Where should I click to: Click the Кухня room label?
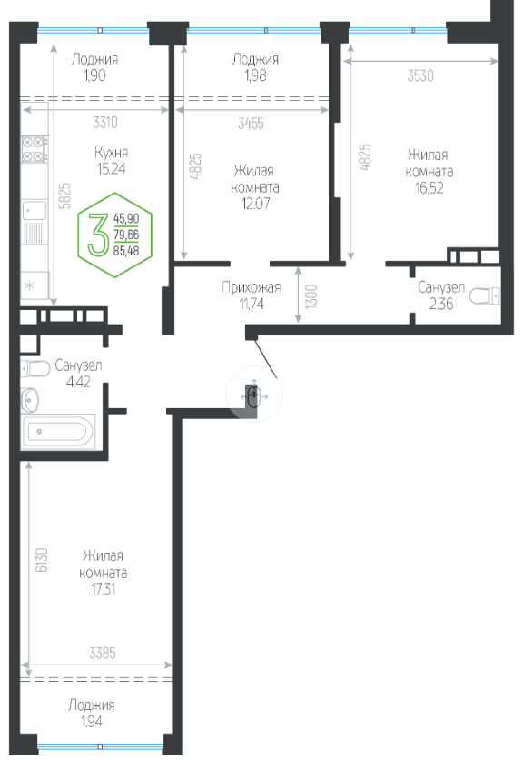point(111,152)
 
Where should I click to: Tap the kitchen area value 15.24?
point(111,169)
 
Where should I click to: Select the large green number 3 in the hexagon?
point(98,235)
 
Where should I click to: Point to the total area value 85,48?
point(126,251)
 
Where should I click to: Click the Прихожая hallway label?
point(252,287)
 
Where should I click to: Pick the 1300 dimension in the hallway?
point(311,296)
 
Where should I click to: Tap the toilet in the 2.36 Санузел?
point(484,296)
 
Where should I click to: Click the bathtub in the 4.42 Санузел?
point(57,431)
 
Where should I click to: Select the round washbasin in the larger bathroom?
point(30,399)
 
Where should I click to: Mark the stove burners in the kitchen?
point(35,149)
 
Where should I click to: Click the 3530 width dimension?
point(420,75)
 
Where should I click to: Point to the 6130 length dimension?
point(42,560)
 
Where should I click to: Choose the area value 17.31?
point(104,589)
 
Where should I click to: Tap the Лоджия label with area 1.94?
point(92,705)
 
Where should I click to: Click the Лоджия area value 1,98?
point(255,75)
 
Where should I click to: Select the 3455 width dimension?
point(251,123)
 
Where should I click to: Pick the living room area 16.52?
point(429,188)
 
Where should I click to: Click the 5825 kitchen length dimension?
point(64,195)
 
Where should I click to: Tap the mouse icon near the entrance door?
point(253,396)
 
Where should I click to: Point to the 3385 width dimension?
point(103,654)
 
